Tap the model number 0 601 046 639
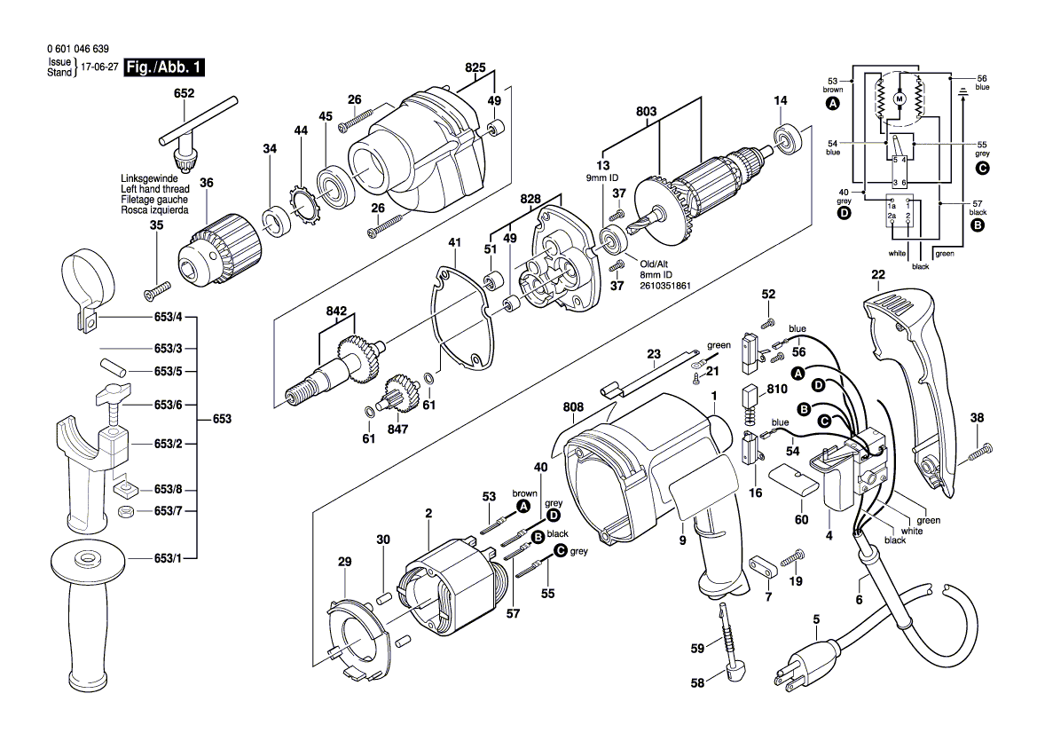(77, 51)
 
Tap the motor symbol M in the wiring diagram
(898, 99)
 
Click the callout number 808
(572, 408)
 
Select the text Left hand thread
(154, 189)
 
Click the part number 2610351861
(665, 287)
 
